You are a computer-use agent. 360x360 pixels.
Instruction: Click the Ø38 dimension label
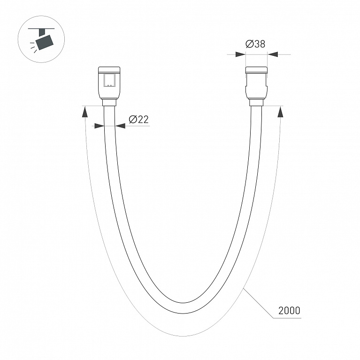click(x=255, y=44)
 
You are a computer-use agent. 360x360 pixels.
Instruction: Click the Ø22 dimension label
click(x=138, y=119)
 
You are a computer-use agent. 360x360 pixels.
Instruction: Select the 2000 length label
click(x=289, y=311)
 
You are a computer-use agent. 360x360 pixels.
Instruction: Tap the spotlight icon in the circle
click(x=41, y=39)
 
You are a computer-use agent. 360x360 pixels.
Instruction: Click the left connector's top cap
click(x=109, y=70)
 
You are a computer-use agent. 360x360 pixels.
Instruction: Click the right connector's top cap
click(x=256, y=70)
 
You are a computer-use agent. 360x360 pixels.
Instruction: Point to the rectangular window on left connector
click(x=109, y=80)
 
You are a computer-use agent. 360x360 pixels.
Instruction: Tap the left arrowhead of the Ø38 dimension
click(x=241, y=54)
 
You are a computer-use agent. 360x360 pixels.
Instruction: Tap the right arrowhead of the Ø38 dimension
click(x=273, y=54)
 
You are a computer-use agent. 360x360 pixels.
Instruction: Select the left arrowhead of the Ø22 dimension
click(x=100, y=126)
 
